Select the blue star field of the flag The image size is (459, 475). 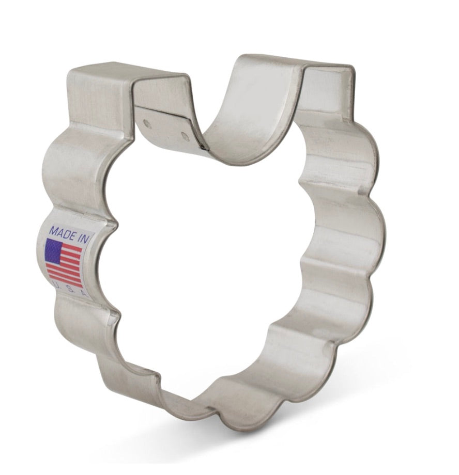click(x=53, y=250)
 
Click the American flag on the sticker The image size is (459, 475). click(x=64, y=263)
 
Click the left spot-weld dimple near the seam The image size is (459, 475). click(x=147, y=123)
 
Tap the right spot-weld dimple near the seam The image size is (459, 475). click(x=185, y=136)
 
